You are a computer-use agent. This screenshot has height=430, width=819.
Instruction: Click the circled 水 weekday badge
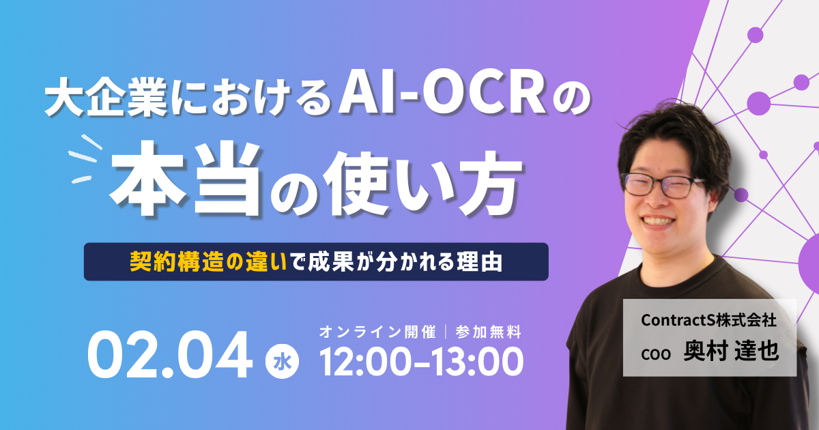pyautogui.click(x=282, y=362)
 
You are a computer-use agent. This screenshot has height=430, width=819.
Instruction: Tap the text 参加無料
pyautogui.click(x=489, y=332)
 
